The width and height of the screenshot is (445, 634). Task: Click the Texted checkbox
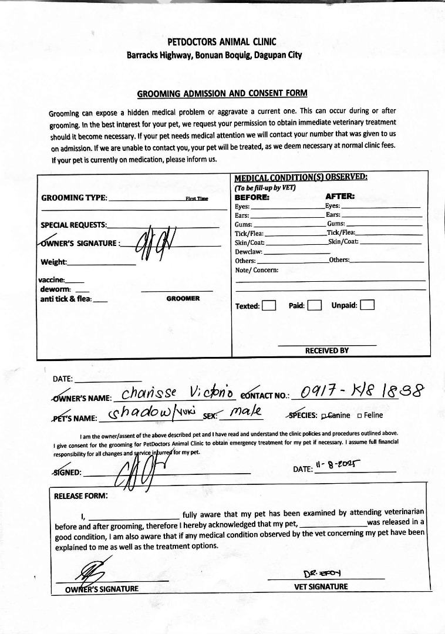(x=269, y=305)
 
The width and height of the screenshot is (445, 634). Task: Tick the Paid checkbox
(x=314, y=305)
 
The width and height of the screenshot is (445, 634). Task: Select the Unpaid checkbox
(x=368, y=305)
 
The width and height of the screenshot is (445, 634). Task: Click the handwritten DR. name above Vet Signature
(x=318, y=572)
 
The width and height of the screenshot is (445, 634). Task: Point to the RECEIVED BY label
(x=326, y=350)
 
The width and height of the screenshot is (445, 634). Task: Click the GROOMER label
(x=183, y=298)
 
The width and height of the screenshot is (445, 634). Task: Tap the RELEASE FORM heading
(x=81, y=496)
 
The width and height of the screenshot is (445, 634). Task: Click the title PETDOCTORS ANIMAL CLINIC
(x=222, y=42)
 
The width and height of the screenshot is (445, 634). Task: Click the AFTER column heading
(x=340, y=197)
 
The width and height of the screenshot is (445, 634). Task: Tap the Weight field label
(x=53, y=262)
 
